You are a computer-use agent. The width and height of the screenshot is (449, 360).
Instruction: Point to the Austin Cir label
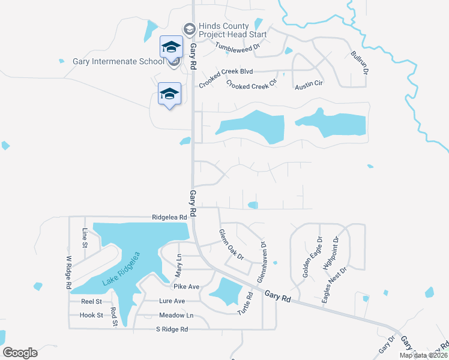tap(309, 83)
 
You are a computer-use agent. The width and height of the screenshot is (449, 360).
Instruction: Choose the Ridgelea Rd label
tap(170, 218)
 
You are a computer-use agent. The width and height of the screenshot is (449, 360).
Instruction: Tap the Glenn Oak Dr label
tap(231, 244)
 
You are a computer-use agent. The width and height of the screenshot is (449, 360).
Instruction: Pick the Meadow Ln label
tap(176, 315)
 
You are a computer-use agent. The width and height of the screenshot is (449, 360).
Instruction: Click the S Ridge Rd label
tap(172, 329)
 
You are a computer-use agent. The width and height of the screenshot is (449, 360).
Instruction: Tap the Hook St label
tap(91, 314)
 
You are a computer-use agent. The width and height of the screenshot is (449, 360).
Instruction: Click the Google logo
tap(20, 353)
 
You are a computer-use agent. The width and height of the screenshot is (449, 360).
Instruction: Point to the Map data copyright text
tap(423, 355)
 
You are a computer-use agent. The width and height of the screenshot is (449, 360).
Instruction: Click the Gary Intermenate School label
tap(118, 61)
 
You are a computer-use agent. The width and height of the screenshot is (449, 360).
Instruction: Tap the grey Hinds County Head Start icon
tap(189, 28)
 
